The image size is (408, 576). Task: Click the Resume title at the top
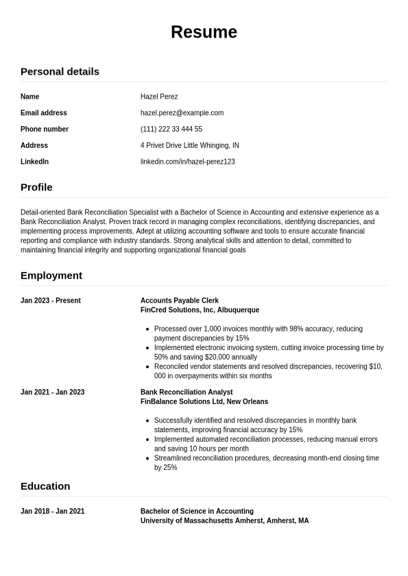(204, 32)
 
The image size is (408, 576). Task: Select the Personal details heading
(60, 71)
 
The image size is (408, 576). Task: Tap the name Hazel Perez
(159, 97)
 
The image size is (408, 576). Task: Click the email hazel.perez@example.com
(182, 113)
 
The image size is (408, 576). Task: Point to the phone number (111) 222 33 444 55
(171, 129)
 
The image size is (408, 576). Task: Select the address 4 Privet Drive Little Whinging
(190, 146)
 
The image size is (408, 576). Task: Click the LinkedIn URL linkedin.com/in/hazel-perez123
(188, 162)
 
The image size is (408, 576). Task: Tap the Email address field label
(44, 113)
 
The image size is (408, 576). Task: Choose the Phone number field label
(45, 129)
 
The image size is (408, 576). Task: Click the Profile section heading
(36, 187)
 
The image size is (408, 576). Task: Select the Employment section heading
(51, 275)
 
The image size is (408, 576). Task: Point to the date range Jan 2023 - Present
(51, 301)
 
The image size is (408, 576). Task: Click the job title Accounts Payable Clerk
(180, 301)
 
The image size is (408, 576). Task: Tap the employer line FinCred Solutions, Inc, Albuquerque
(200, 310)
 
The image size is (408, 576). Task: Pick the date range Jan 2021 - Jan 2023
(53, 392)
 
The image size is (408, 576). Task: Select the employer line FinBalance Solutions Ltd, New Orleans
(204, 402)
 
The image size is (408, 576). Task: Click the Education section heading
(45, 486)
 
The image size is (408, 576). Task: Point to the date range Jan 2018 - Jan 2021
(53, 512)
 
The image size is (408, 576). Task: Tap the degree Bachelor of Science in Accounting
(197, 512)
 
